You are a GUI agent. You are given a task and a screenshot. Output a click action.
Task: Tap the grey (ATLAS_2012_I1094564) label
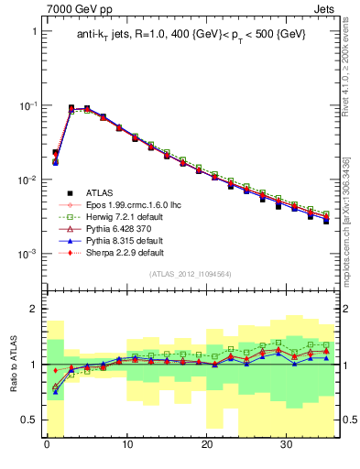pos(191,274)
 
